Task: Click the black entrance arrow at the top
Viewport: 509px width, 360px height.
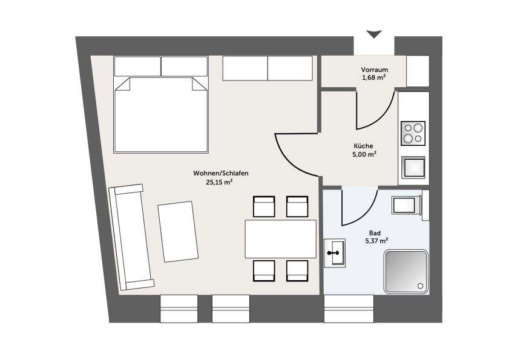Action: [375, 34]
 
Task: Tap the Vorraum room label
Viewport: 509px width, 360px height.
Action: [374, 70]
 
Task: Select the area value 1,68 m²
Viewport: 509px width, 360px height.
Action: [374, 78]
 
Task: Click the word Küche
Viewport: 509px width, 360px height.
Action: [363, 146]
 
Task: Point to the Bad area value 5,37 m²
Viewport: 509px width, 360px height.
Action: [376, 241]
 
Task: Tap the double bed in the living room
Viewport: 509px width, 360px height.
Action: [161, 114]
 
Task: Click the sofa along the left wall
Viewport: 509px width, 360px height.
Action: [131, 237]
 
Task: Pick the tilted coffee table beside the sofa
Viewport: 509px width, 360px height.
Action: [178, 232]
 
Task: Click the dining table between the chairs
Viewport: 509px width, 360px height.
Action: [280, 238]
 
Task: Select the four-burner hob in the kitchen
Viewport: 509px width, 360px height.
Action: [413, 133]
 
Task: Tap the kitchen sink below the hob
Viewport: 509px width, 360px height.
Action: [413, 166]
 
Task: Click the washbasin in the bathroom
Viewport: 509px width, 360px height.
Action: [335, 253]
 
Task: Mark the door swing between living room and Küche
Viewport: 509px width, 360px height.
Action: [293, 152]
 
